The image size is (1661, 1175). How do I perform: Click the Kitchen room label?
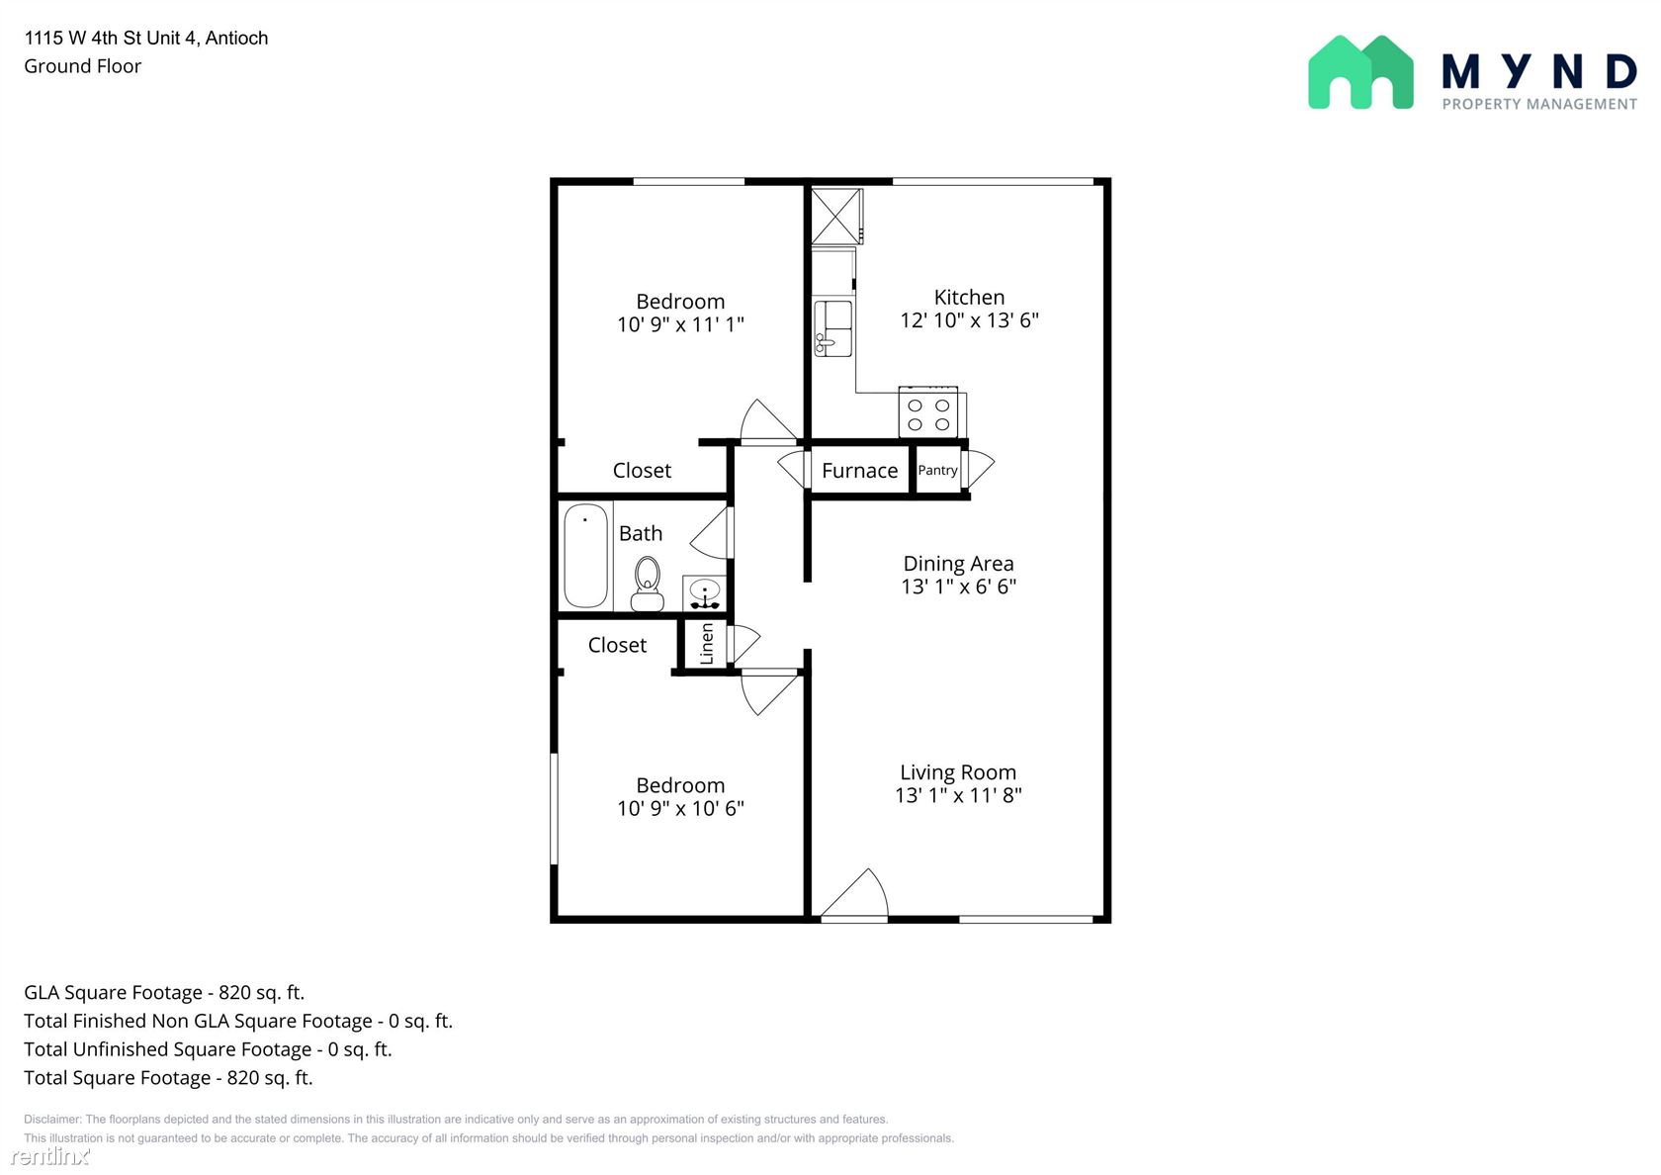(x=969, y=298)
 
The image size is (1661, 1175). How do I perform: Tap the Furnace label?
(x=859, y=471)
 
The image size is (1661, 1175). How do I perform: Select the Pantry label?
(x=937, y=470)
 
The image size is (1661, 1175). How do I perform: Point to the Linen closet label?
(x=707, y=643)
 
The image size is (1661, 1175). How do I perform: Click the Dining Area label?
(x=958, y=564)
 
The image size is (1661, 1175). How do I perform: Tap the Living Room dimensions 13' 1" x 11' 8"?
(x=958, y=795)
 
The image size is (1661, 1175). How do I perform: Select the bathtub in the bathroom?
(x=585, y=556)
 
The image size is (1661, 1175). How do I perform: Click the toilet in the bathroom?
(x=648, y=584)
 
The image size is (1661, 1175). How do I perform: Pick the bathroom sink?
(x=704, y=592)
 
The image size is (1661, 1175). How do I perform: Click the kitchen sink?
(x=832, y=328)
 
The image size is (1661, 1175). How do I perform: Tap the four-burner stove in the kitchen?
(x=928, y=412)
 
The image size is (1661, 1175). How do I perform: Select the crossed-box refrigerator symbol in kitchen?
(x=836, y=216)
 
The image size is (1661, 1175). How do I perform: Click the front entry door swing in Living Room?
(x=854, y=894)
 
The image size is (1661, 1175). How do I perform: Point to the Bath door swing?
(x=711, y=532)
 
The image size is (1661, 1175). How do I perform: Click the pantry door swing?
(x=978, y=469)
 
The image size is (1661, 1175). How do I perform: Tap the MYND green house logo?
(x=1360, y=73)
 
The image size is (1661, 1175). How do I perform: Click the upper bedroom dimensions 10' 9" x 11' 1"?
(x=680, y=324)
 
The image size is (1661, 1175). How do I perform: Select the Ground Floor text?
(x=82, y=66)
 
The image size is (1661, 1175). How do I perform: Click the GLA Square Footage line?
(x=164, y=993)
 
